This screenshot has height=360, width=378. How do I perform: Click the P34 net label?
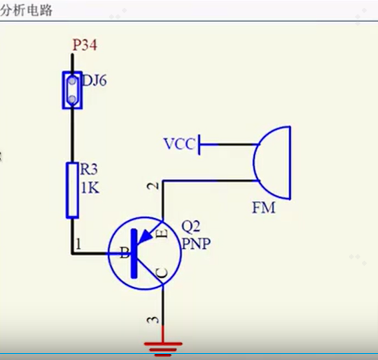[x=85, y=45]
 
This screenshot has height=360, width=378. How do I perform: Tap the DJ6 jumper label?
[x=94, y=81]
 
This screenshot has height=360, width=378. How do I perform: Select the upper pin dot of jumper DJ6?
[x=72, y=81]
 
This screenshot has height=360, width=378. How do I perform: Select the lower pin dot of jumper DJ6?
[x=72, y=99]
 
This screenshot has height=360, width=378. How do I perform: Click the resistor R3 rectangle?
[x=73, y=191]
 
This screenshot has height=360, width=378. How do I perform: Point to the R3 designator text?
[x=89, y=169]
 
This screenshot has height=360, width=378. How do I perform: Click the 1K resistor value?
[x=90, y=187]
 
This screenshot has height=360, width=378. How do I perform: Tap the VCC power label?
[x=179, y=144]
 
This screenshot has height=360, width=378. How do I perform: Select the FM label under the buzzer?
[x=263, y=208]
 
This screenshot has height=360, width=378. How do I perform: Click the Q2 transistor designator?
[x=191, y=226]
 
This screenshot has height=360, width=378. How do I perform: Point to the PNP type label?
[x=196, y=243]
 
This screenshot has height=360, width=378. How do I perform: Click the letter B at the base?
[x=124, y=252]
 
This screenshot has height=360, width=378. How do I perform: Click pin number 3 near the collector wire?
[x=153, y=320]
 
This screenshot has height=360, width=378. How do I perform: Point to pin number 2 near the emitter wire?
[x=153, y=186]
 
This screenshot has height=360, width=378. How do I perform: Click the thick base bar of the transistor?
[x=134, y=254]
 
